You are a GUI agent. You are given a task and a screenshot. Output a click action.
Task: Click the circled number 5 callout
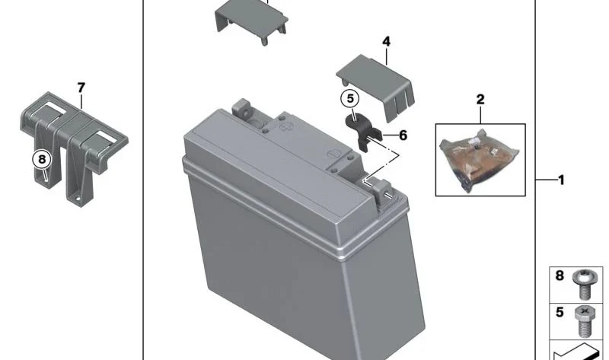coord(350,99)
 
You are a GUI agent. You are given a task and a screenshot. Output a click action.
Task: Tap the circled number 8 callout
coord(42,159)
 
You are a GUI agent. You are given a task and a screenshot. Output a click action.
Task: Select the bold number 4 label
coord(386,42)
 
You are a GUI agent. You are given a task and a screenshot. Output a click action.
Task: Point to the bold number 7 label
coord(81,88)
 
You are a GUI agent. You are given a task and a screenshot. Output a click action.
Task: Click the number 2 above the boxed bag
coord(480,100)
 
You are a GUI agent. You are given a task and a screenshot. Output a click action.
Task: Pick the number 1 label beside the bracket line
coord(561,180)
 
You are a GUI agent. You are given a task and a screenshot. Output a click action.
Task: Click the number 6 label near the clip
coord(403,135)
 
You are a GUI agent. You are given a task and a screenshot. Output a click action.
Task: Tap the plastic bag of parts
coord(480,160)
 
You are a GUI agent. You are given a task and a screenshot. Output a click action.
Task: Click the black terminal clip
coord(364,131)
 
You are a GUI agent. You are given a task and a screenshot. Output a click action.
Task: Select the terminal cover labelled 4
coord(376,88)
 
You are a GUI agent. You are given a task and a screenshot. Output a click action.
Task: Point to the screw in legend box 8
coord(582,285)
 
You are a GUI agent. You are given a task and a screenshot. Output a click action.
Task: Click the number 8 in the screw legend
coord(560,276)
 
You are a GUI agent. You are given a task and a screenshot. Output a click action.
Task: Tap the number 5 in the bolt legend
coord(560,312)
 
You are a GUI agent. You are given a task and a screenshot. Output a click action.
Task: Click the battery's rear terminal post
coord(241,108)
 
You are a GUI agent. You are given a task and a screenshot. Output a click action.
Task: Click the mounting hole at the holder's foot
coord(78,199)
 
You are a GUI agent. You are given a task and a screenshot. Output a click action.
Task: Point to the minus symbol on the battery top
coord(332,154)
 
